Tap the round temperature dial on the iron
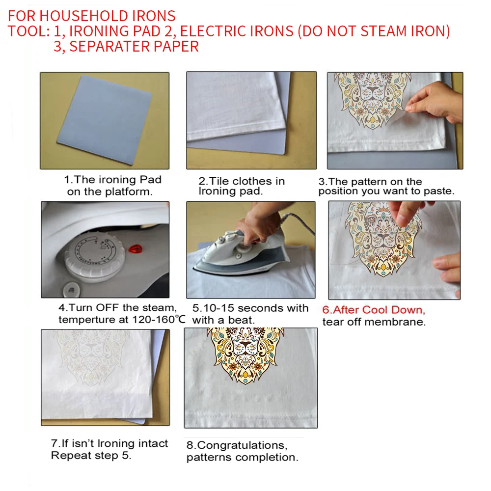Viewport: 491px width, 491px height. (88, 251)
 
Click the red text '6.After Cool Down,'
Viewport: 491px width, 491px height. (373, 310)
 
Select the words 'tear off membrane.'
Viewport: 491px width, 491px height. (374, 322)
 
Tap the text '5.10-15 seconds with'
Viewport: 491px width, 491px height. (250, 308)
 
